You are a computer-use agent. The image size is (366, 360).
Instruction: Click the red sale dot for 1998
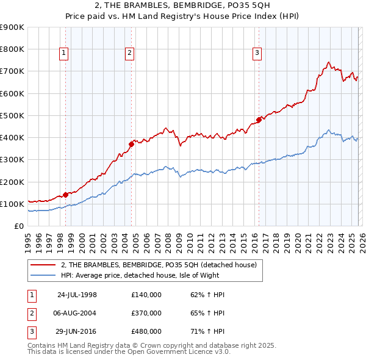tap(65, 195)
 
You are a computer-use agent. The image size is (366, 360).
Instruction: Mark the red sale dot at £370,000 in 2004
tap(131, 145)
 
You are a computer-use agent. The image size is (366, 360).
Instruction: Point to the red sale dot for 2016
tap(259, 120)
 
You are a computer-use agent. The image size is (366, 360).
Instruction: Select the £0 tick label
tap(18, 226)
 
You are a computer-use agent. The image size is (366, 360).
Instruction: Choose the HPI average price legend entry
tap(152, 276)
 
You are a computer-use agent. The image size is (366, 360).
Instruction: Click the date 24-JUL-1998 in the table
tap(77, 295)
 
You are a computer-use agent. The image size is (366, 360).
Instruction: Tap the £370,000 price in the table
tap(146, 312)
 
